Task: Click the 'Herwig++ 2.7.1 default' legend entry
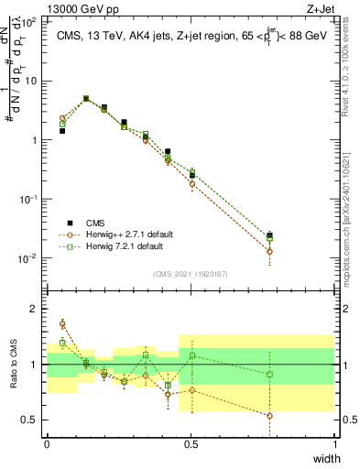point(119,234)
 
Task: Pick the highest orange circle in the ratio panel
point(62,323)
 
